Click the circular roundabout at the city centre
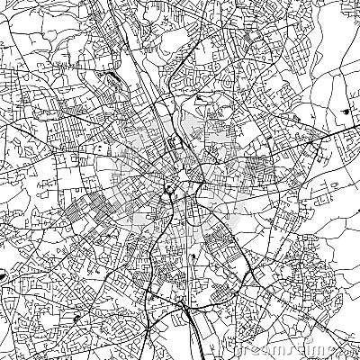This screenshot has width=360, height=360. (x=168, y=188)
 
